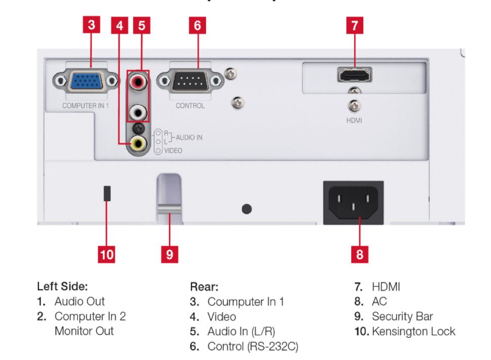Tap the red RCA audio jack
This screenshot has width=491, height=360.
point(137,82)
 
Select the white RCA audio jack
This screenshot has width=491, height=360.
point(137,110)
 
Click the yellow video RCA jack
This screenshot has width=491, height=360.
point(137,144)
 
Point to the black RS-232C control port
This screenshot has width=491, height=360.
point(190,81)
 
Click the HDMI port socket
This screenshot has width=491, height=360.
point(355,76)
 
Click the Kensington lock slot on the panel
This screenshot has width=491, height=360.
point(107,193)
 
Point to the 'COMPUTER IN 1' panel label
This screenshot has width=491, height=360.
point(86,105)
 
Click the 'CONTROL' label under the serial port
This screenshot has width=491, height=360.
point(190,106)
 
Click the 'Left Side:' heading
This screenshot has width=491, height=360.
point(60,286)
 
